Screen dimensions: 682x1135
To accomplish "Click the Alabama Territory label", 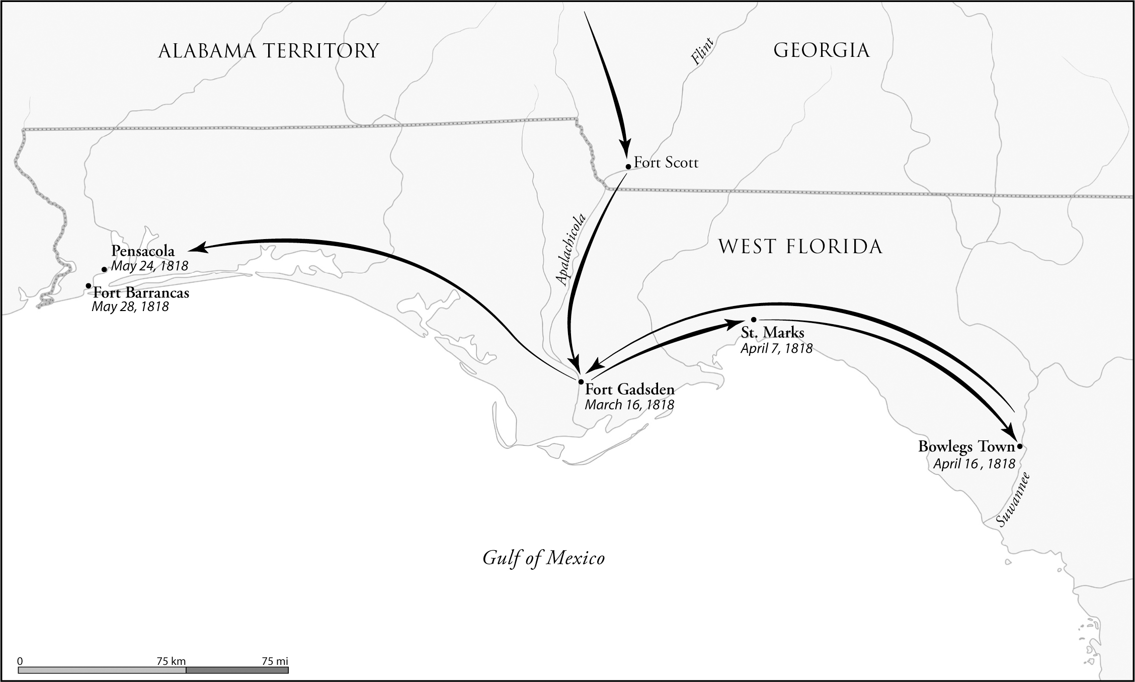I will coord(268,51).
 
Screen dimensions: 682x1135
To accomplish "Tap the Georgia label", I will coord(821,50).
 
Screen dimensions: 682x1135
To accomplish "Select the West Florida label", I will coord(800,247).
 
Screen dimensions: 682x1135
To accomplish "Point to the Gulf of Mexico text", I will coord(543,558).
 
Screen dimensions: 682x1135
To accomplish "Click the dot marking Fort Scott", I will coord(628,166).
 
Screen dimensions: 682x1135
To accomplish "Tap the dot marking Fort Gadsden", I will coord(581,382).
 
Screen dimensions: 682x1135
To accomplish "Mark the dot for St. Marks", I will coord(753,320).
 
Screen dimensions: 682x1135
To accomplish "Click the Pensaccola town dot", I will coord(104,269).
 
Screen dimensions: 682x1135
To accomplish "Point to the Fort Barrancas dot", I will coord(89,286).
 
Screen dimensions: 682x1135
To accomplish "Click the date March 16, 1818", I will coord(629,405).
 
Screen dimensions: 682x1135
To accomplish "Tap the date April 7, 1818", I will coord(776,348).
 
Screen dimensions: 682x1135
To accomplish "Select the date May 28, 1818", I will coord(130,307).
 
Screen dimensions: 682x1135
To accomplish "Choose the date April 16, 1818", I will coord(974,464).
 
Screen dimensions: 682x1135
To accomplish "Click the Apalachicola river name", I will coord(571,250).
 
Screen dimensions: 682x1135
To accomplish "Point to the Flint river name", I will coord(702,51).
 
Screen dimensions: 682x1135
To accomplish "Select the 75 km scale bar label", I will coord(171,661).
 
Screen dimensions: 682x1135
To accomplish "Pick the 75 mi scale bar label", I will coord(275,661).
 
